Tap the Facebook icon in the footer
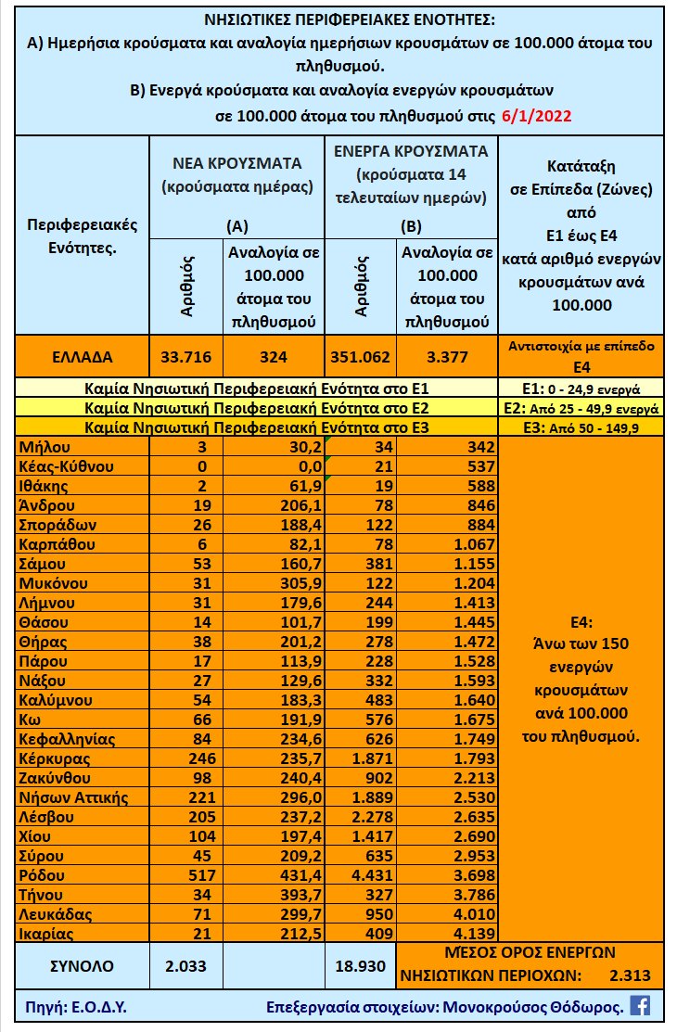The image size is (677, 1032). [x=639, y=1005]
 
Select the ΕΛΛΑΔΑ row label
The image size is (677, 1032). [x=83, y=356]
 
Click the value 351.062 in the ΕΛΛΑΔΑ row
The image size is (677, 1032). [x=360, y=356]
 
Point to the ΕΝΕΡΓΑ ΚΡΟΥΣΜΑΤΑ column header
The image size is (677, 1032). [x=411, y=151]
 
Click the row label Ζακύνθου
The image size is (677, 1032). [x=57, y=778]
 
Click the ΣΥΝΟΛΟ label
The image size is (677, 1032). [x=82, y=965]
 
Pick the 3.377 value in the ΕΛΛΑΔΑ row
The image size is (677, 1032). [x=448, y=356]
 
